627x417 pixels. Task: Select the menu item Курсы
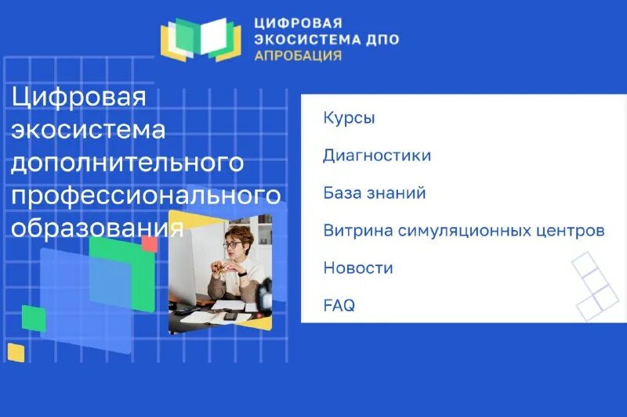click(349, 118)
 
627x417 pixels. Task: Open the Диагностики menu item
click(377, 156)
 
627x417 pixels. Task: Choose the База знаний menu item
click(375, 193)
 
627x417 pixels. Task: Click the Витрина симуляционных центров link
click(464, 231)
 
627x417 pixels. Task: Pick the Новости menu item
click(358, 268)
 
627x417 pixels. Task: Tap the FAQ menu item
click(339, 306)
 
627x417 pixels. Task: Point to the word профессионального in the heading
click(146, 196)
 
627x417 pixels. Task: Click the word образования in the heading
click(98, 228)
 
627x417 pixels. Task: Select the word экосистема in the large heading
click(89, 130)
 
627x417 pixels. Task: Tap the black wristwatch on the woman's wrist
click(244, 274)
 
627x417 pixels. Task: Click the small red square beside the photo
click(150, 243)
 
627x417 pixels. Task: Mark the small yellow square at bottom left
click(16, 352)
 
